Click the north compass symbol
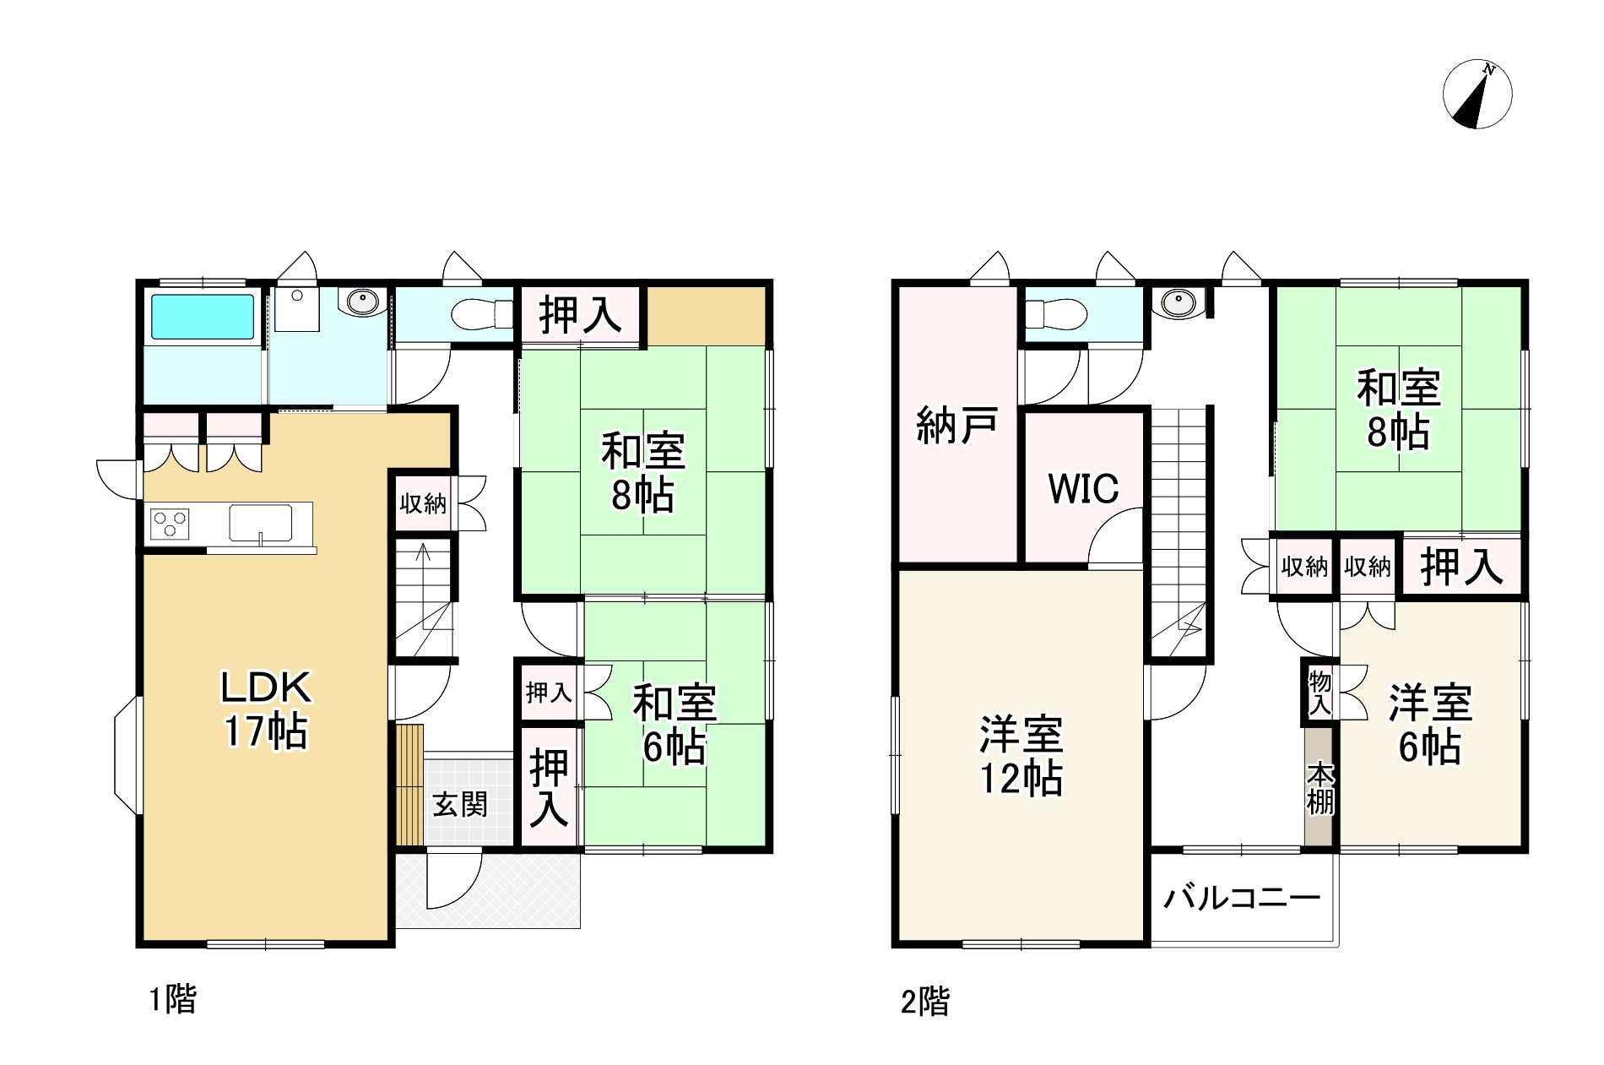point(1477,95)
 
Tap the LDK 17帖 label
point(266,710)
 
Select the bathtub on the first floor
point(203,317)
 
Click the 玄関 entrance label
point(460,804)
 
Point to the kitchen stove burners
point(170,524)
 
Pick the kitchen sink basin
point(260,523)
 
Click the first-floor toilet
point(481,316)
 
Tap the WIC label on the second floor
point(1083,488)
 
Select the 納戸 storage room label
point(957,425)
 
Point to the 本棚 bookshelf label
point(1320,789)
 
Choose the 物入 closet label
point(1319,693)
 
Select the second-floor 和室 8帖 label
point(1399,410)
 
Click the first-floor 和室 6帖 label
point(675,724)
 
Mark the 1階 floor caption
point(172,1001)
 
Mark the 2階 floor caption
point(924,1003)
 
